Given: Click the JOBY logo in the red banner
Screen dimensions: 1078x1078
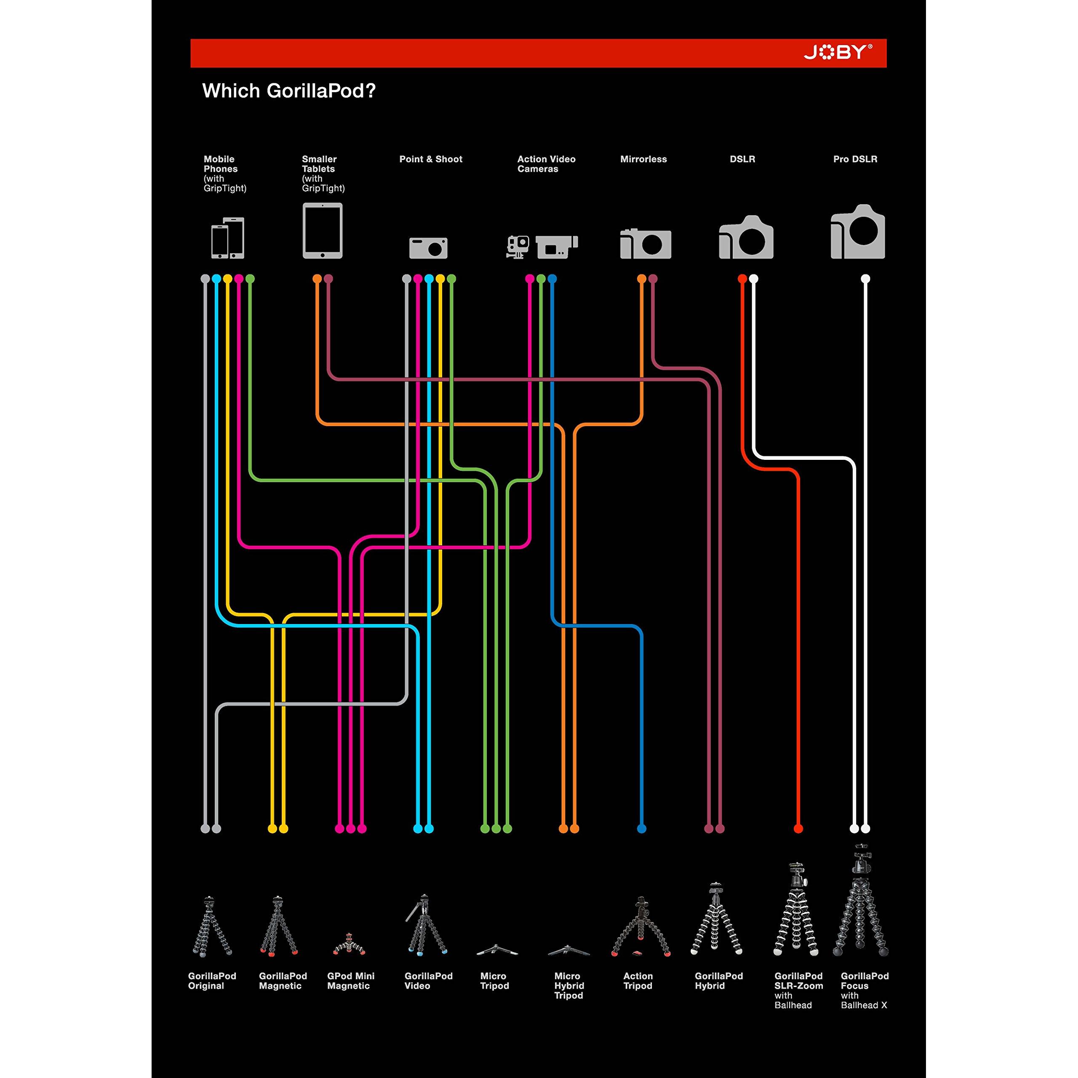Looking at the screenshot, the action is click(x=838, y=53).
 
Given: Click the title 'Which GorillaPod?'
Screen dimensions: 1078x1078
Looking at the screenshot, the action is click(x=288, y=91).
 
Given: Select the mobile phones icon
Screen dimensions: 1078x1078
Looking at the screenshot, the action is click(x=228, y=237).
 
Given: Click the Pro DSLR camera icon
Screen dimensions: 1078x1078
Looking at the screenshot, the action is click(x=858, y=232).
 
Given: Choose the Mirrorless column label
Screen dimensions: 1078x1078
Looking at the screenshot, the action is click(x=643, y=159).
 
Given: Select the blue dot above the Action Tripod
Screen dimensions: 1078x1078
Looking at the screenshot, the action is click(x=642, y=829).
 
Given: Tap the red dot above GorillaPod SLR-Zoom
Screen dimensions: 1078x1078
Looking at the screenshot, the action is click(x=798, y=829).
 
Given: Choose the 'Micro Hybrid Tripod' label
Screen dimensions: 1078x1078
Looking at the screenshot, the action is click(x=568, y=985).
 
